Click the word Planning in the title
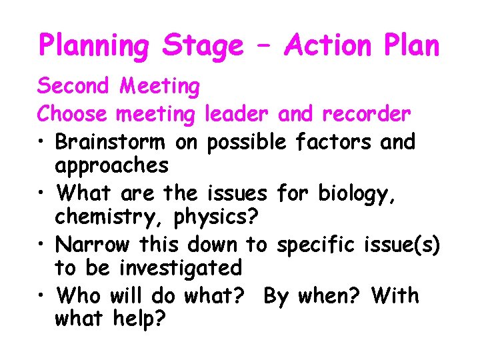point(95,47)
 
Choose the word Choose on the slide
point(72,114)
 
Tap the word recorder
point(366,114)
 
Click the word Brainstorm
point(113,142)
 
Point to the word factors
point(337,142)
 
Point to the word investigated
point(180,268)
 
